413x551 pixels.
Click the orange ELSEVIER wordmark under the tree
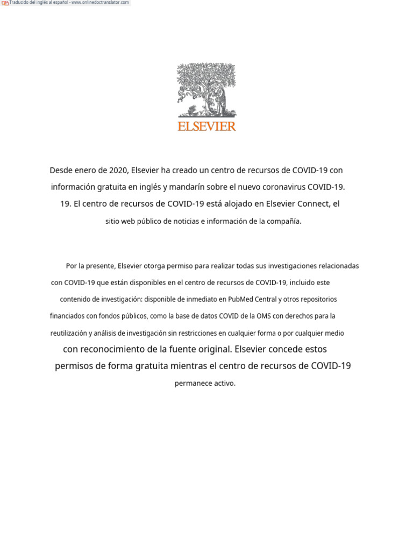[206, 126]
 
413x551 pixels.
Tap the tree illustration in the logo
[206, 89]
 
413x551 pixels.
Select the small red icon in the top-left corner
[5, 3]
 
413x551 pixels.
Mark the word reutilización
[73, 333]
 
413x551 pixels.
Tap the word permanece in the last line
[190, 384]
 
